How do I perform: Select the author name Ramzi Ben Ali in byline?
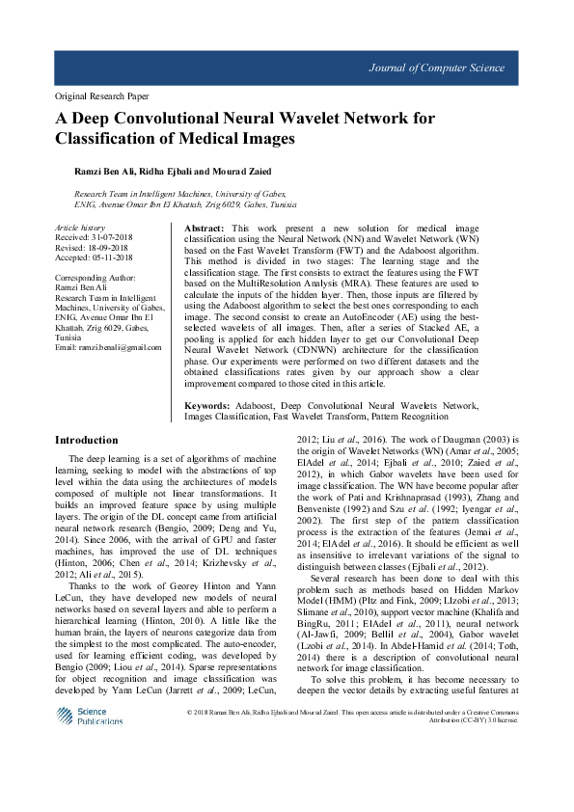(101, 170)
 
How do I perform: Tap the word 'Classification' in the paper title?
(96, 139)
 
